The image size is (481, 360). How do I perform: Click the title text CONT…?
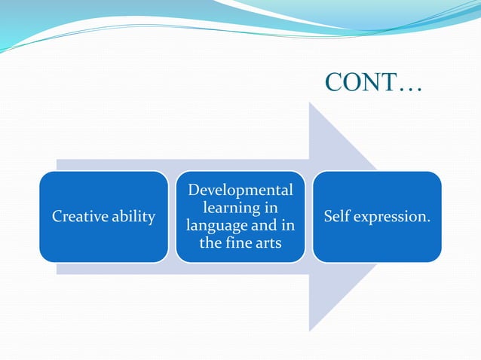pos(373,83)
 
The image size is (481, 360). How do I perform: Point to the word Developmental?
pos(240,191)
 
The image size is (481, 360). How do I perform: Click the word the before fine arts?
pos(210,243)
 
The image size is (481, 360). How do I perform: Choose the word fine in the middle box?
pos(238,243)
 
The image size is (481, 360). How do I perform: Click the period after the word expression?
pos(429,221)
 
